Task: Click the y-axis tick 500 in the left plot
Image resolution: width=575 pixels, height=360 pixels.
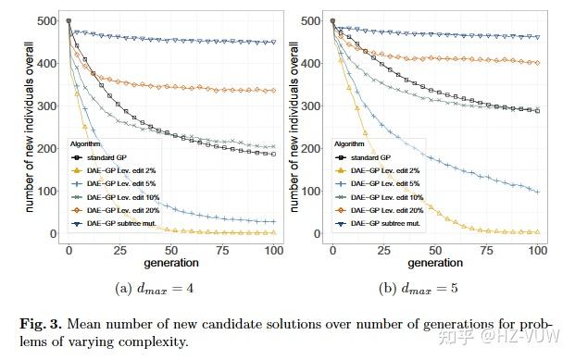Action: (x=44, y=20)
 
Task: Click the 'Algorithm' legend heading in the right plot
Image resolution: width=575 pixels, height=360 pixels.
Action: (x=349, y=145)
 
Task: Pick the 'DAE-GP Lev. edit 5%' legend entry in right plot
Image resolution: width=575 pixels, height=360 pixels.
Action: (x=373, y=184)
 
